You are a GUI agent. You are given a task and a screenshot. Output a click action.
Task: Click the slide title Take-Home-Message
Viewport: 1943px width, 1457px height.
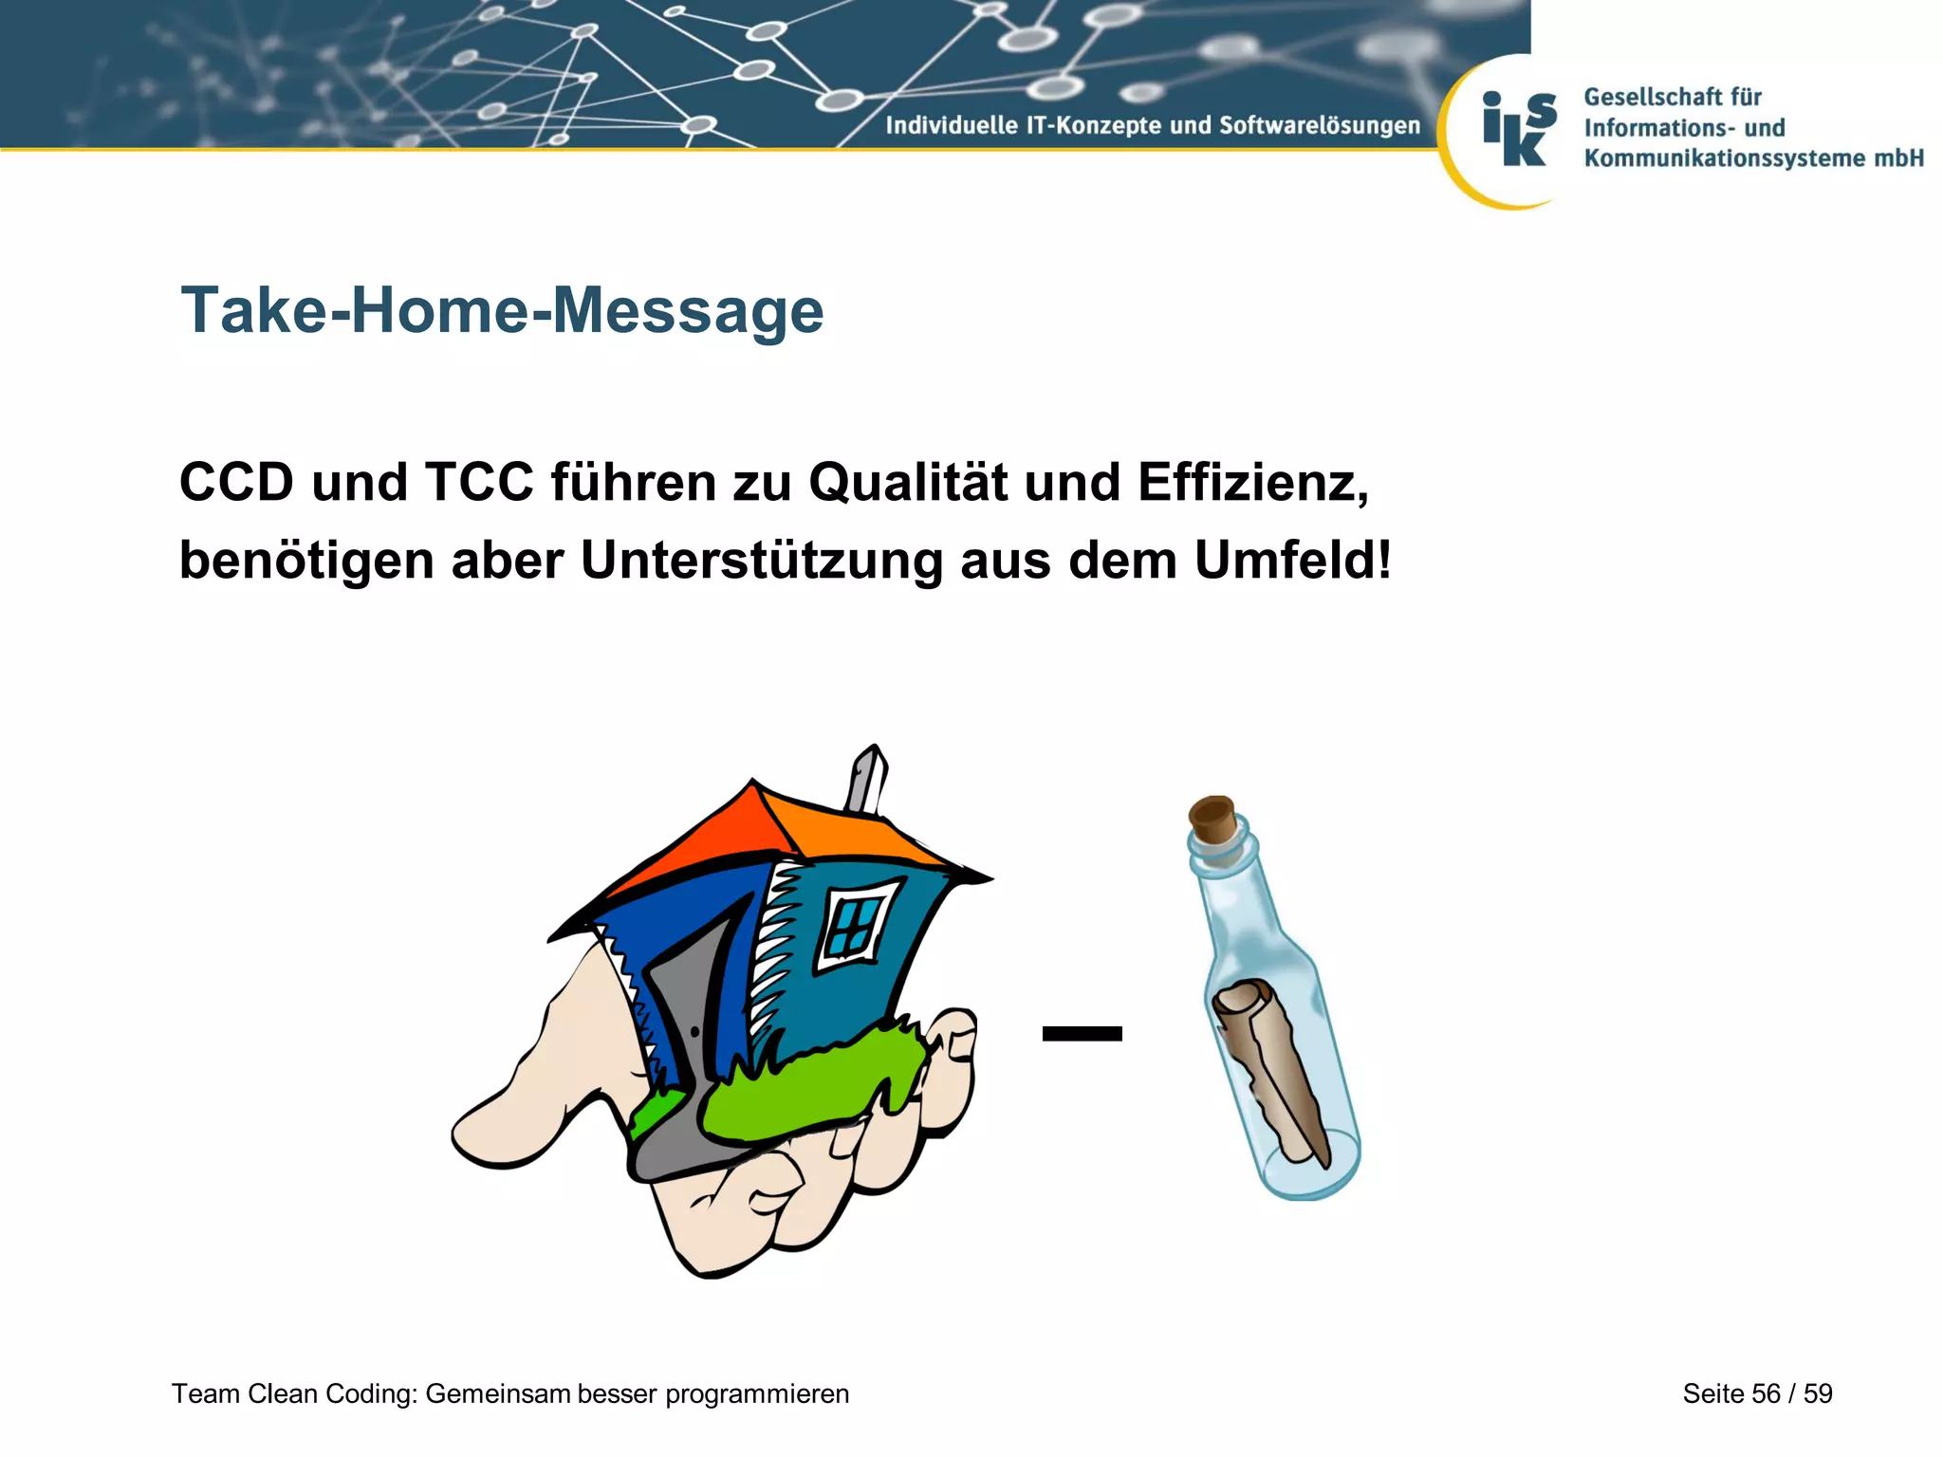point(502,310)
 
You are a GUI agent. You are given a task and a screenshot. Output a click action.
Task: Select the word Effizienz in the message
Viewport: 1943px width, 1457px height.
point(1252,483)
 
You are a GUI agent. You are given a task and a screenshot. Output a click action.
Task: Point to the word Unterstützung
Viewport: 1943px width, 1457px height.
point(762,561)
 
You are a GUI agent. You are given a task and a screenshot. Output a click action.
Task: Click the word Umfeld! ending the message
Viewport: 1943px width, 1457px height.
point(1292,560)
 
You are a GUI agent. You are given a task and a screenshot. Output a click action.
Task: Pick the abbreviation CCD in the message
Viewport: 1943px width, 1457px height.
point(237,483)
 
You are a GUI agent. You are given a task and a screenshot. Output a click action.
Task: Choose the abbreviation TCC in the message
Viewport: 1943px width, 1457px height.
point(479,483)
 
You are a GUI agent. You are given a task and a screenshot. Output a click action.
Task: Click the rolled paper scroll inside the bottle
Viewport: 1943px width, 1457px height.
point(1267,1062)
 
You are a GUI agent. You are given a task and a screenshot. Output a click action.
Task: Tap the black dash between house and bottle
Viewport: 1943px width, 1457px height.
point(1082,1034)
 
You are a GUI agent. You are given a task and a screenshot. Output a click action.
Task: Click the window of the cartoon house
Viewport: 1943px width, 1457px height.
point(858,921)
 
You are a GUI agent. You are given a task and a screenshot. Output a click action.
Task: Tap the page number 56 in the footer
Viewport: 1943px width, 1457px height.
point(1766,1393)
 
